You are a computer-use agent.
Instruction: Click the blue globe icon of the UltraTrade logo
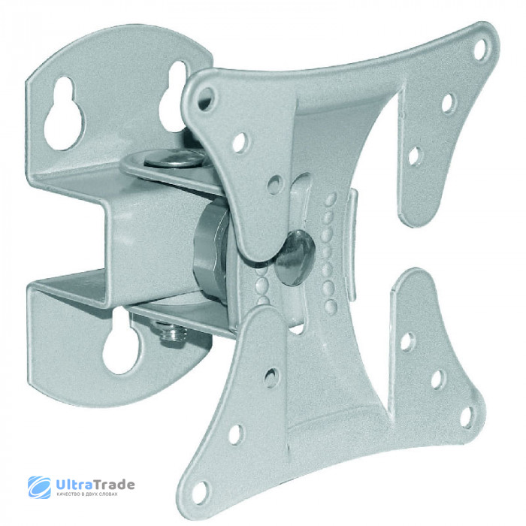point(39,487)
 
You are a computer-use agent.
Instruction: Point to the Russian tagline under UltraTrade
point(87,494)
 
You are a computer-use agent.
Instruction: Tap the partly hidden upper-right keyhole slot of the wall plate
point(173,97)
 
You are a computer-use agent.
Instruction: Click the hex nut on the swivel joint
point(211,250)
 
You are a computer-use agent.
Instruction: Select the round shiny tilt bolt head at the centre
point(295,258)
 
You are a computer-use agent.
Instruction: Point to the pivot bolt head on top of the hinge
point(174,158)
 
